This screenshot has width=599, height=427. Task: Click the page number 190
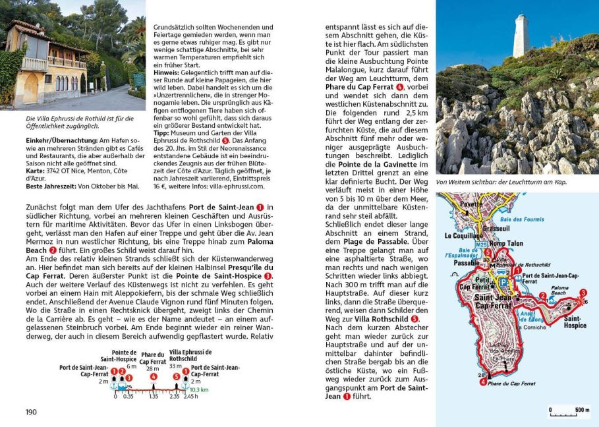coord(31,413)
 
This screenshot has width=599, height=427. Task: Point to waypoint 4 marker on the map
coord(483,382)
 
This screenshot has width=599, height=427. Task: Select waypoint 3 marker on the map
coord(583,293)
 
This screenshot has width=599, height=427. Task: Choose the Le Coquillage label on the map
coord(463,235)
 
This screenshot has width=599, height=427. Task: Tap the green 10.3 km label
coord(199,389)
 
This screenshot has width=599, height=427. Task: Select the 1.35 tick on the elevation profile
coord(153,397)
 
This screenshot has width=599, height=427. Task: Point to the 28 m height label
coord(153,369)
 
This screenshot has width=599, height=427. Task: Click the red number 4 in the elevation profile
coord(153,377)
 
